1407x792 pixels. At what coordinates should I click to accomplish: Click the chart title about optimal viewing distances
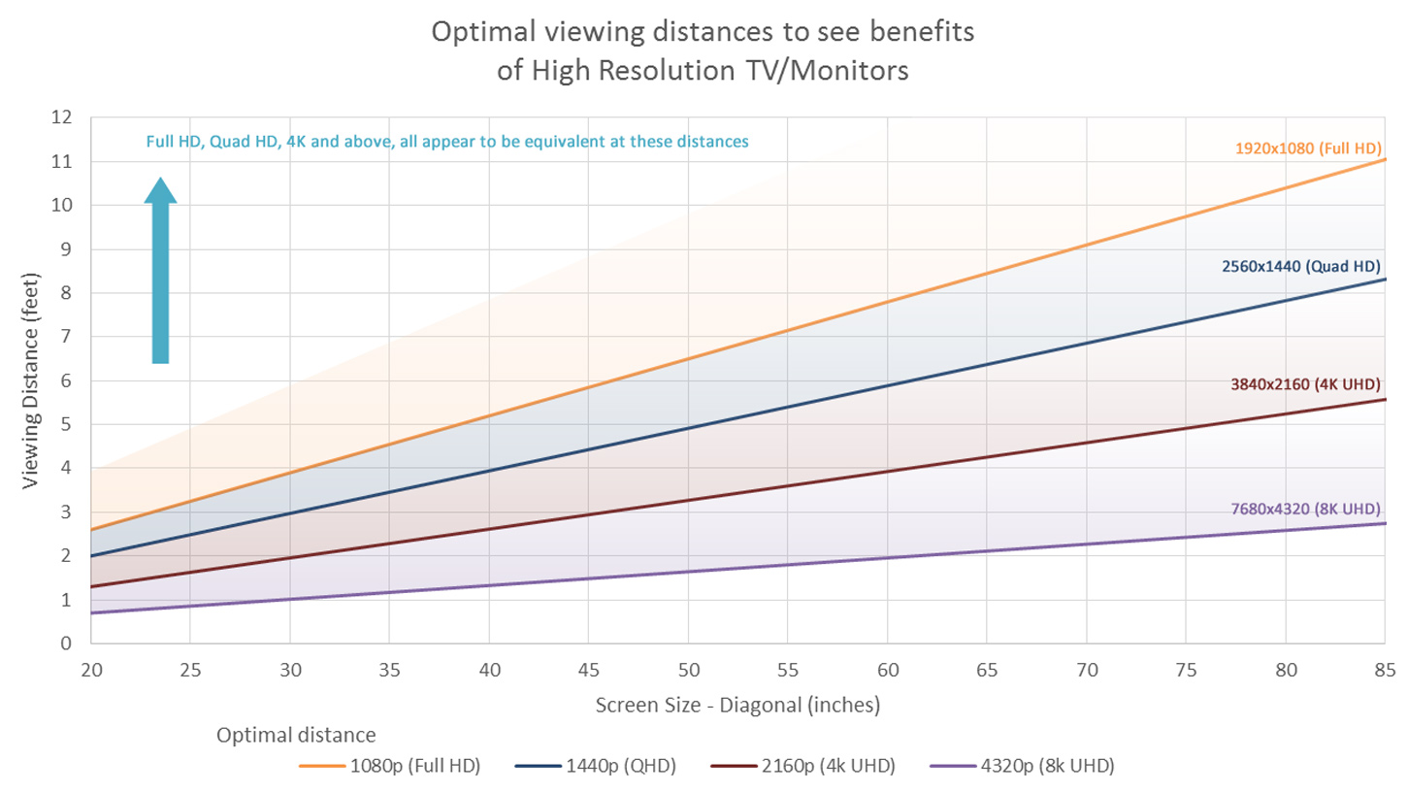tap(703, 51)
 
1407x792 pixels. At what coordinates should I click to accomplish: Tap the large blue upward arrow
tap(160, 272)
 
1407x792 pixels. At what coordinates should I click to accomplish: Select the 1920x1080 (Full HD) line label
tap(1308, 148)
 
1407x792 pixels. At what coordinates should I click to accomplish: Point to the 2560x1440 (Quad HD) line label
tap(1301, 265)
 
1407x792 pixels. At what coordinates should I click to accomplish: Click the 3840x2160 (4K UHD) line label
tap(1305, 383)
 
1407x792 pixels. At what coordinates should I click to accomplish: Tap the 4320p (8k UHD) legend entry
tap(1022, 766)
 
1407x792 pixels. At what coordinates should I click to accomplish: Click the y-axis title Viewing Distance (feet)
tap(31, 379)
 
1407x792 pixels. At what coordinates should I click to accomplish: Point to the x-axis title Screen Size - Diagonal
tap(737, 706)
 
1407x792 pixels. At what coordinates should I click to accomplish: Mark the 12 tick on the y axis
tap(66, 117)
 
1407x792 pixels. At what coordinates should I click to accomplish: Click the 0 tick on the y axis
tap(68, 643)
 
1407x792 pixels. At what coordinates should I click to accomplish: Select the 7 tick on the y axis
tap(68, 337)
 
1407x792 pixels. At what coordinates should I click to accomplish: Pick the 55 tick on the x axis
tap(788, 670)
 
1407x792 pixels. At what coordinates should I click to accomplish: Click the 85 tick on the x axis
tap(1385, 670)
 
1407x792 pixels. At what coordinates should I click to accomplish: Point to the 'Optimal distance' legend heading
tap(296, 734)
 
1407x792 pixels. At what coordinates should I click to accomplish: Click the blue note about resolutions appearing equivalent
tap(447, 142)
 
